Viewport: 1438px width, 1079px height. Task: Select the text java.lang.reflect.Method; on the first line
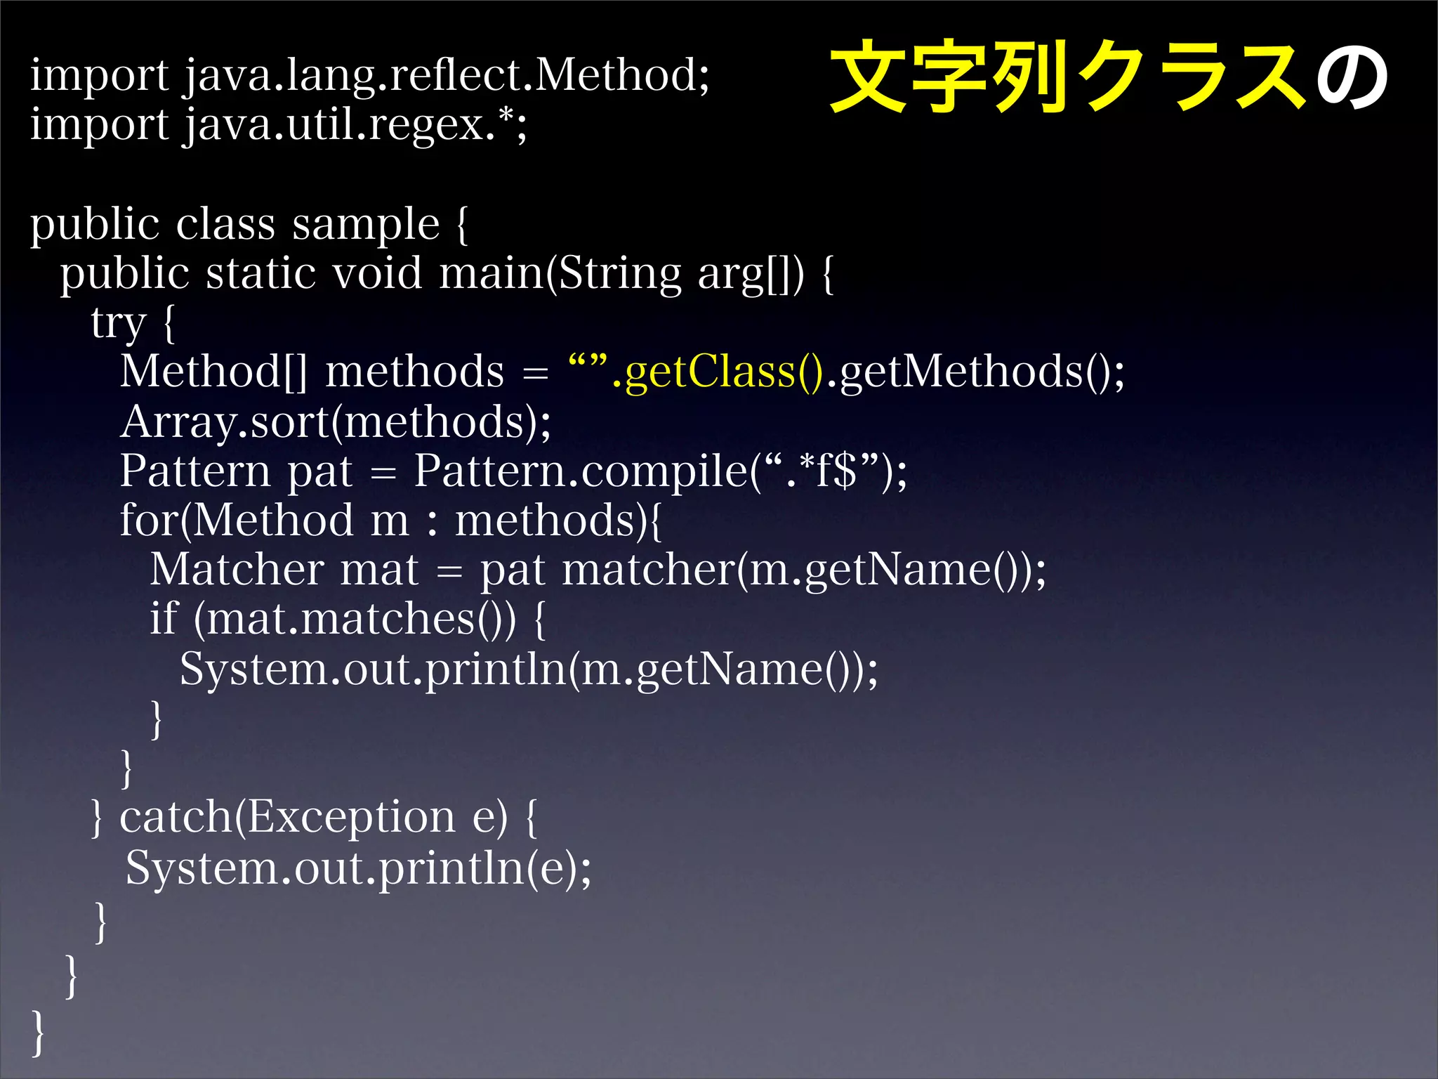pyautogui.click(x=447, y=76)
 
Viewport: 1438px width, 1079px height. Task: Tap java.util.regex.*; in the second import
pyautogui.click(x=355, y=125)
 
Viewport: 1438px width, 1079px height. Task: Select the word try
pyautogui.click(x=118, y=323)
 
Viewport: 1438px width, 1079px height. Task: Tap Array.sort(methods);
pyautogui.click(x=336, y=421)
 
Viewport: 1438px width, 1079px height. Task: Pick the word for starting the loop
pyautogui.click(x=148, y=520)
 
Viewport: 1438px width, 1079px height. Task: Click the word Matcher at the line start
pyautogui.click(x=237, y=569)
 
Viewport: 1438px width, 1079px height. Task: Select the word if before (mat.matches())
pyautogui.click(x=164, y=618)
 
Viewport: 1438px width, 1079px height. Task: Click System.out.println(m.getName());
pyautogui.click(x=528, y=669)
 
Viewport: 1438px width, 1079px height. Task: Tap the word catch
pyautogui.click(x=176, y=817)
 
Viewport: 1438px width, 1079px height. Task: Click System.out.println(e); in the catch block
pyautogui.click(x=358, y=868)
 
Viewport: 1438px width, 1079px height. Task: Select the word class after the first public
pyautogui.click(x=225, y=225)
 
